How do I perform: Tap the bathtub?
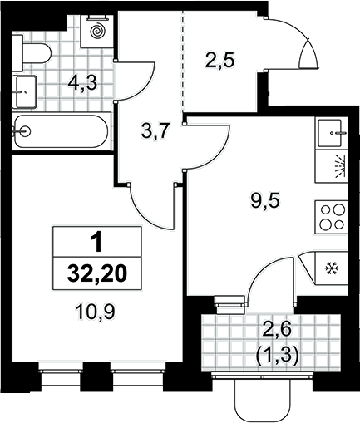pos(61,131)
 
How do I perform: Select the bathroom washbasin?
pos(24,91)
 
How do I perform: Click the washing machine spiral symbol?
pos(96,31)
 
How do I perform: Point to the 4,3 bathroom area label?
pos(83,83)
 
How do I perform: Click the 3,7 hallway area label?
pos(155,131)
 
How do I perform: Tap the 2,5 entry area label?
pos(219,61)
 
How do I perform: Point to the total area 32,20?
pos(97,274)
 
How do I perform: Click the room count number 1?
pos(97,243)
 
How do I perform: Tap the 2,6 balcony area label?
pos(278,330)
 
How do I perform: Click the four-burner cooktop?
pos(331,217)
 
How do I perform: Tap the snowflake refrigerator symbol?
pos(331,268)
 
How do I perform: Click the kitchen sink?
pos(332,133)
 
